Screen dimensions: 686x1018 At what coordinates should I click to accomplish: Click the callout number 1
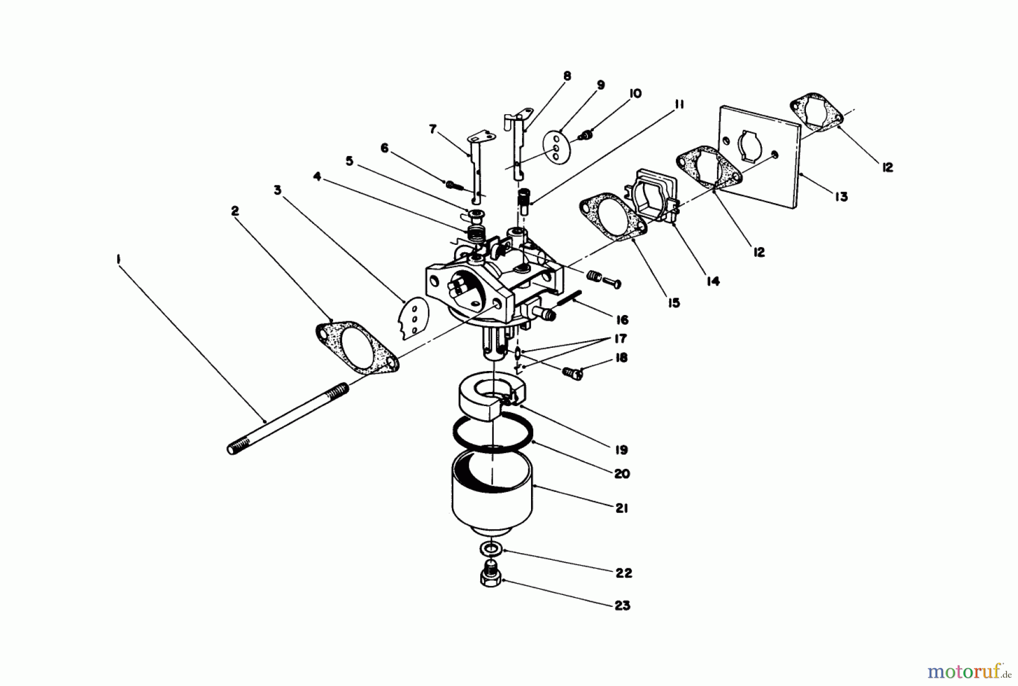118,258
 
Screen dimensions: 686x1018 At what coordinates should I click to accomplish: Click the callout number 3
277,191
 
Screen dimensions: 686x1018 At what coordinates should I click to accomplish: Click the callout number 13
841,196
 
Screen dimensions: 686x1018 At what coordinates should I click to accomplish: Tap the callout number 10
635,93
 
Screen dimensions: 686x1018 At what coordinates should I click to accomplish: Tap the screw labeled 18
572,372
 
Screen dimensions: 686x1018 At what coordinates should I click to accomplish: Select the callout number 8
567,76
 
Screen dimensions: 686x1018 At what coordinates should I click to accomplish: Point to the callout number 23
622,606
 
